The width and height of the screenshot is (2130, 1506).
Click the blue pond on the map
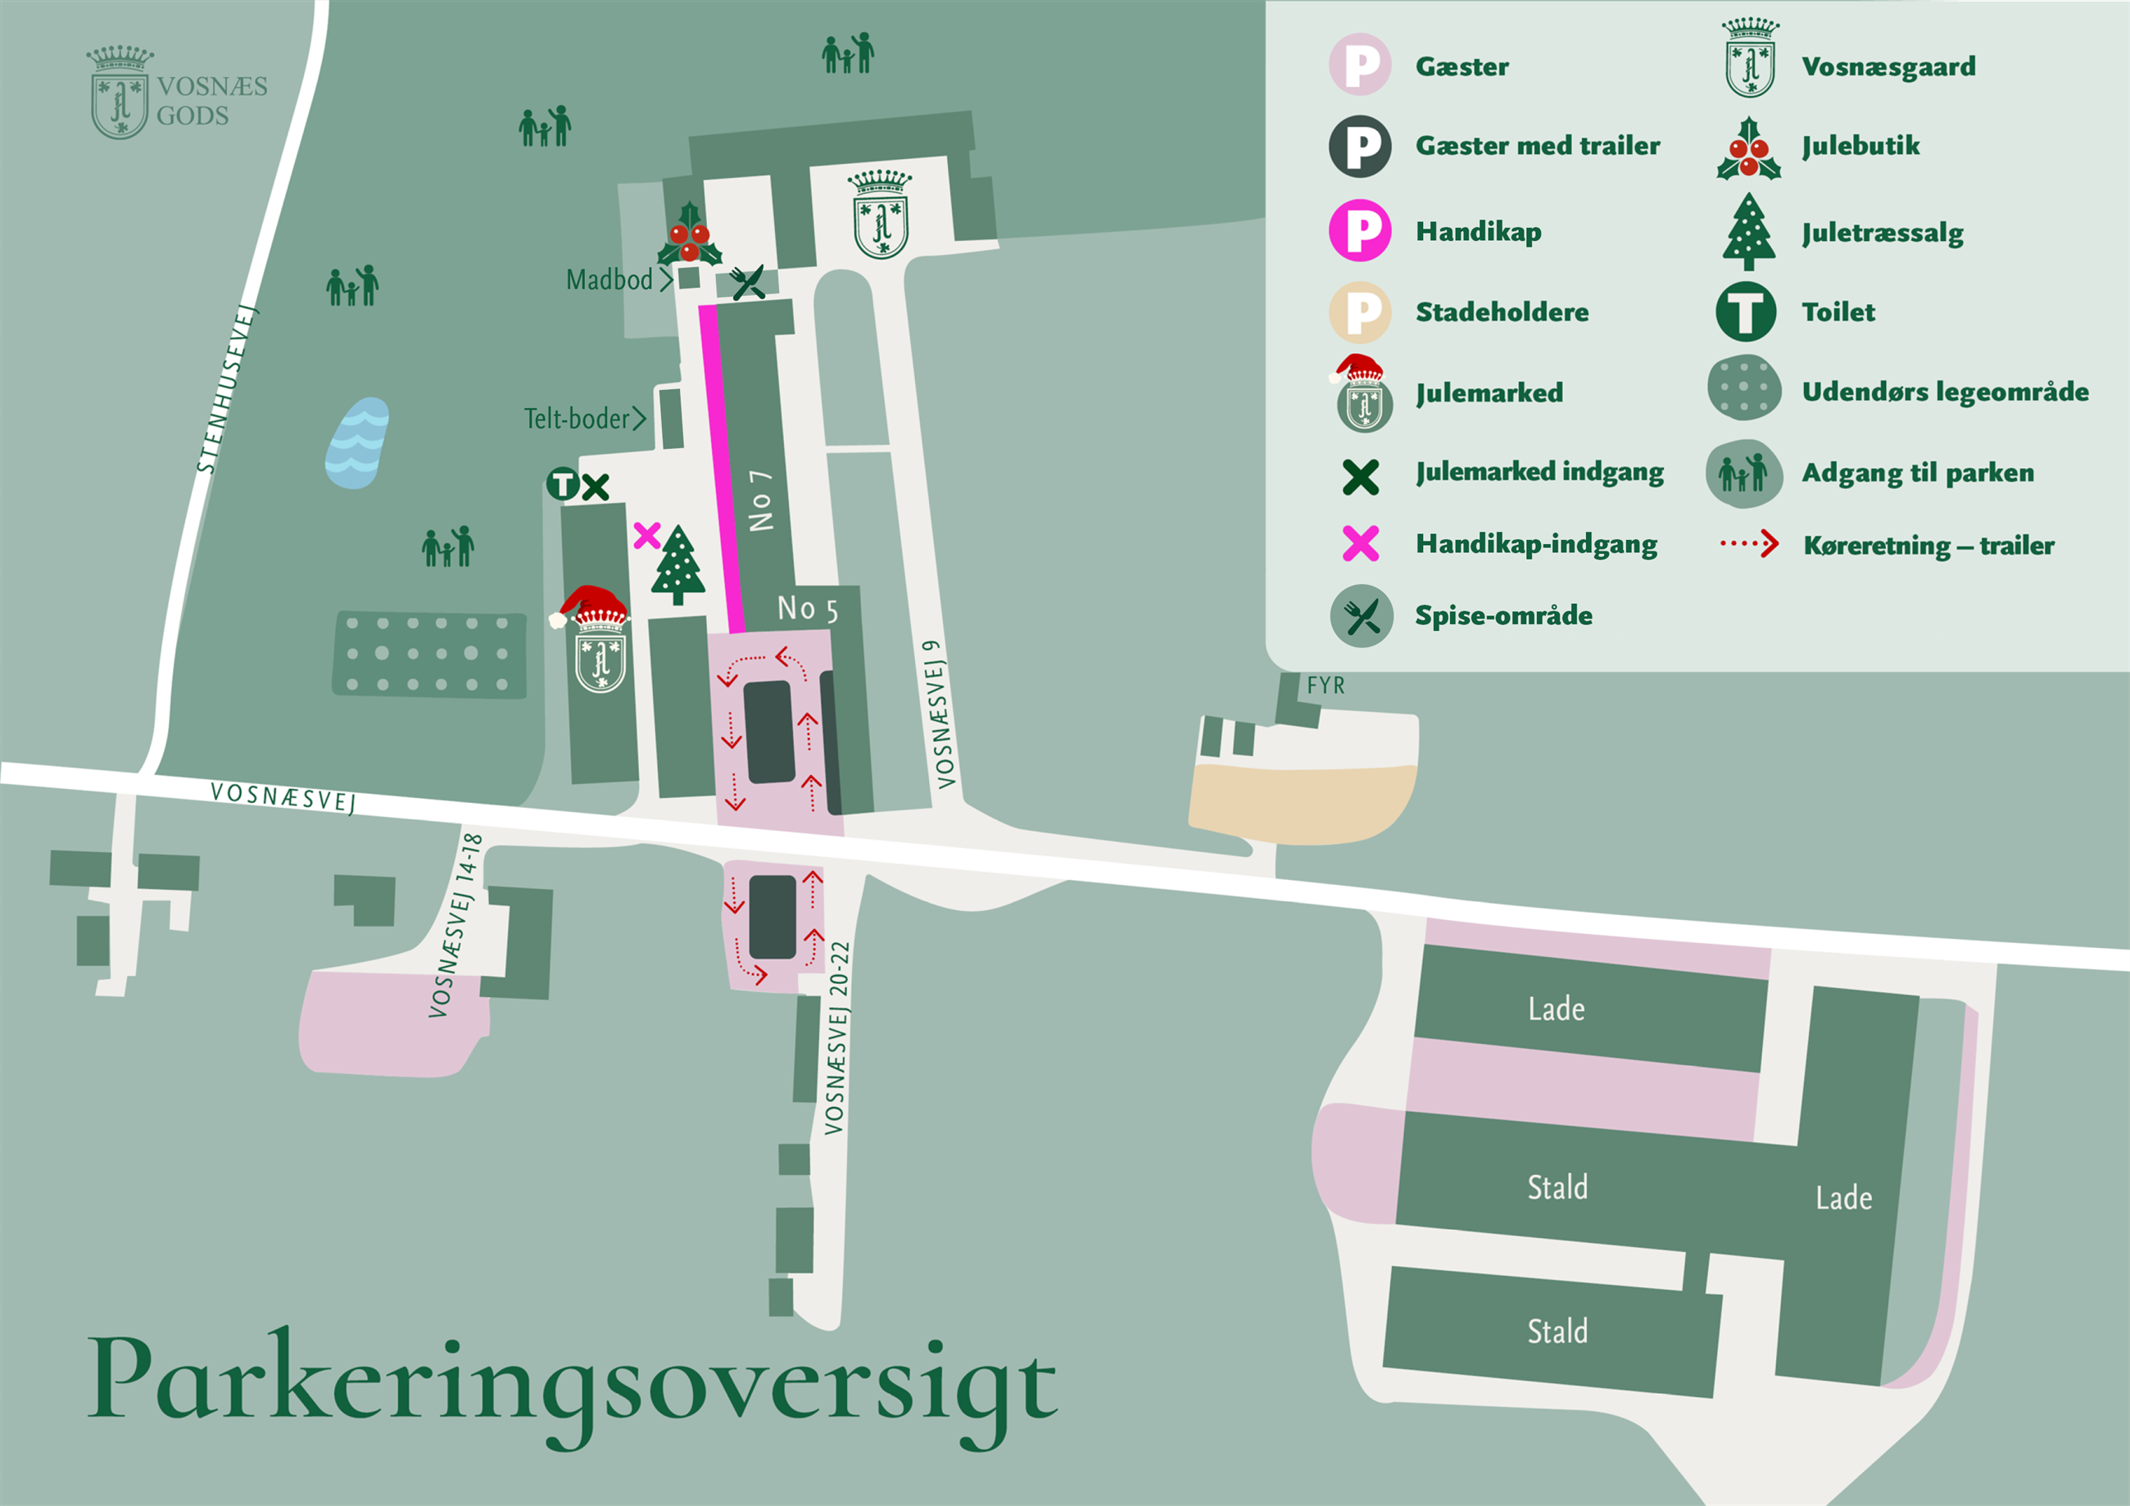coord(357,442)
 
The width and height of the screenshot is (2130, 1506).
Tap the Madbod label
coord(610,279)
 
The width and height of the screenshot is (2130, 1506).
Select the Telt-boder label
coord(576,419)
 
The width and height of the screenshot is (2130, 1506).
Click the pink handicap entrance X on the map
coord(646,535)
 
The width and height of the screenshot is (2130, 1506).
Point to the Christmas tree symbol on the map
coord(678,565)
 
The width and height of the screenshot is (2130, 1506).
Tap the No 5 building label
coord(807,609)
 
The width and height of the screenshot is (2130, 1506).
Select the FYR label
coord(1326,686)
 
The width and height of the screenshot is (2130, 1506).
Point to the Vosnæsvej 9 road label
coord(940,714)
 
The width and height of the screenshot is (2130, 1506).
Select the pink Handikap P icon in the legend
coord(1359,230)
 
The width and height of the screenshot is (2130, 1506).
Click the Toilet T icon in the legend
coord(1745,312)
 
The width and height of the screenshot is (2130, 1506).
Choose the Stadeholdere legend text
coord(1501,312)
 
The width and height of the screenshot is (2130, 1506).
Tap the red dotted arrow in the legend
coord(1750,544)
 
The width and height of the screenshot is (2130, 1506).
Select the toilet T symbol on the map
coord(562,484)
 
